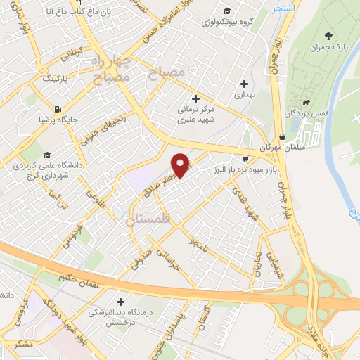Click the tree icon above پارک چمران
point(328,36)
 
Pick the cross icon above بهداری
point(243,83)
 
